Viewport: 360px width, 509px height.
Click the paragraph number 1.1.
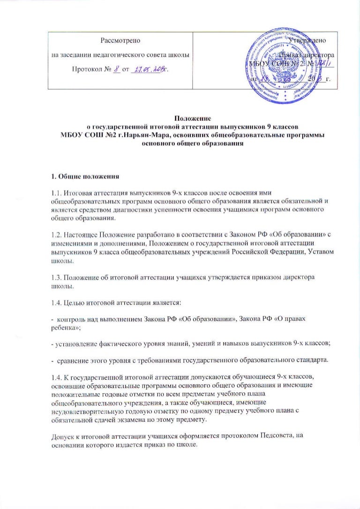pos(56,192)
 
